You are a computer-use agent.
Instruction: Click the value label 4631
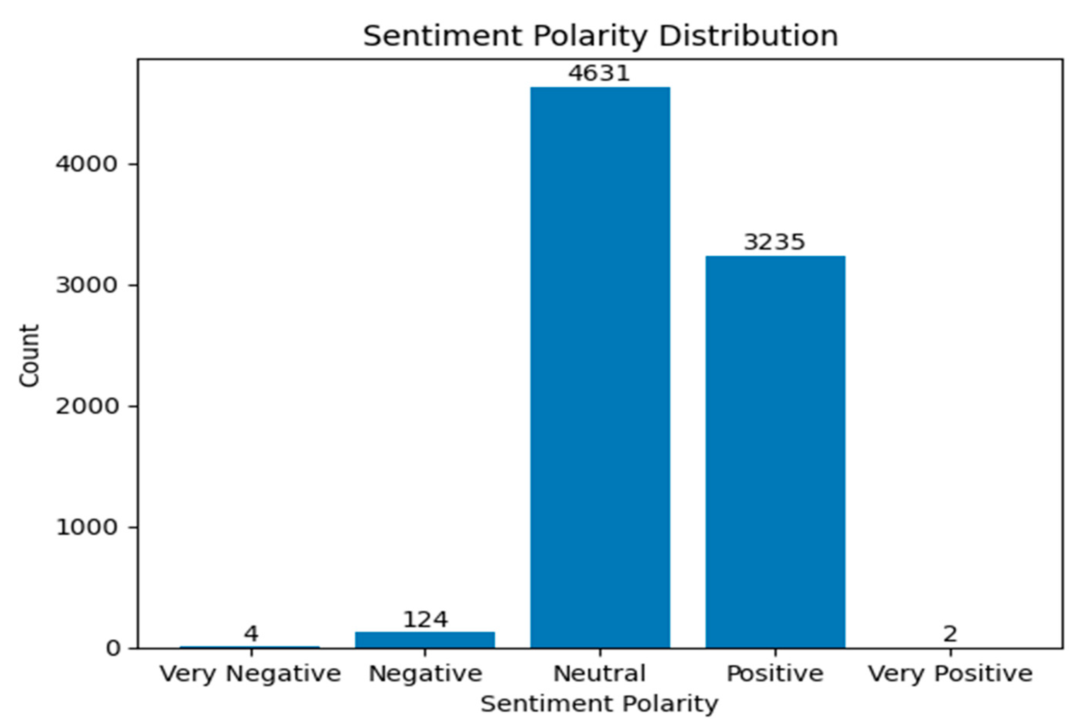coord(599,73)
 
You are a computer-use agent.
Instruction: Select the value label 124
coord(425,620)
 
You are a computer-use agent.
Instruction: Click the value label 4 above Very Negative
coord(251,634)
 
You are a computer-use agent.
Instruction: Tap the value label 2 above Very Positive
coord(950,634)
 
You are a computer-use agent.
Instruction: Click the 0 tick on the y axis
coord(114,648)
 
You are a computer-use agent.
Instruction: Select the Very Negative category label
coord(251,674)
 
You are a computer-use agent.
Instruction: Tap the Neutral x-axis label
coord(599,674)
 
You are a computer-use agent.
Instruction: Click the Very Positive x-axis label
coord(950,674)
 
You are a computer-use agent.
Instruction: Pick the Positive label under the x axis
coord(775,674)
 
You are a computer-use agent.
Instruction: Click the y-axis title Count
coord(29,355)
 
